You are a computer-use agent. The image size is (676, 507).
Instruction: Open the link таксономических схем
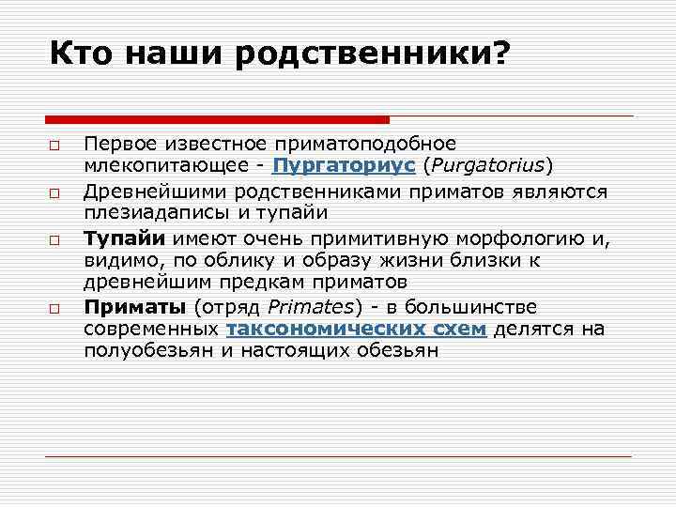357,329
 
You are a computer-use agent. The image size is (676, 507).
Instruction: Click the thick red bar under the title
217,119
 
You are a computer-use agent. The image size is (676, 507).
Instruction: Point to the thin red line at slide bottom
338,456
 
